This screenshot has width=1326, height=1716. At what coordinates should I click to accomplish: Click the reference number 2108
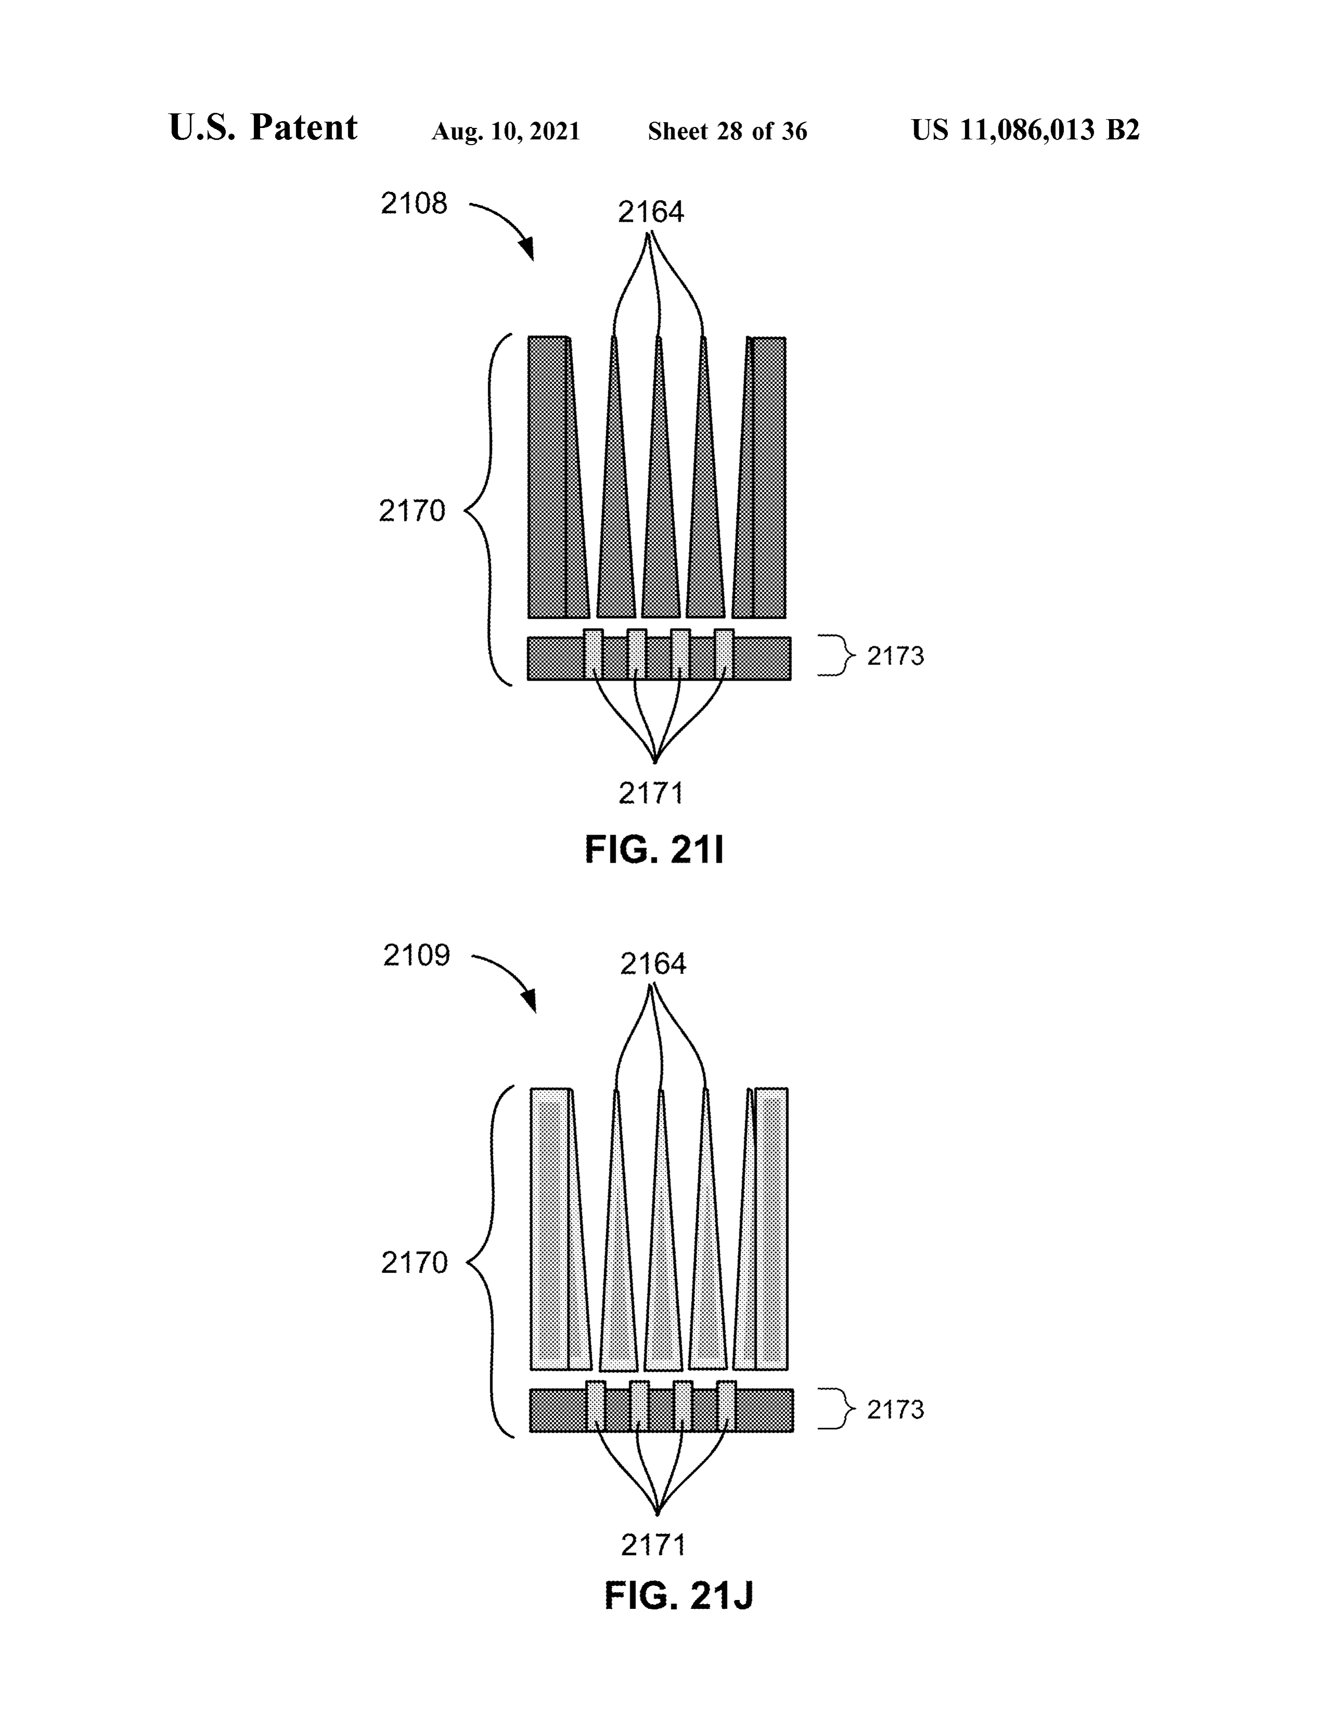(x=414, y=203)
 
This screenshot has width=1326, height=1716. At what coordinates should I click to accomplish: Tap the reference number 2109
(x=417, y=955)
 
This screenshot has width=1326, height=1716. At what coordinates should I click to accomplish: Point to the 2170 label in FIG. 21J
(x=414, y=1263)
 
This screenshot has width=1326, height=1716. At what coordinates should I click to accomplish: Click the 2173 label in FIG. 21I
(x=895, y=656)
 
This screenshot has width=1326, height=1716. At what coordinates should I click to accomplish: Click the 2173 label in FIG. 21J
(x=895, y=1410)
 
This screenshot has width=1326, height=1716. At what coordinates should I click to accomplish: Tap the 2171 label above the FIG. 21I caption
(x=651, y=794)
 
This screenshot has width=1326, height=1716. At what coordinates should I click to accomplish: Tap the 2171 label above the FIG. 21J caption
(x=653, y=1545)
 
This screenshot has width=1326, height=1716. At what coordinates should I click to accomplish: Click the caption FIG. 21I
(x=654, y=850)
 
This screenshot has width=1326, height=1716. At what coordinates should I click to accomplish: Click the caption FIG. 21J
(x=679, y=1596)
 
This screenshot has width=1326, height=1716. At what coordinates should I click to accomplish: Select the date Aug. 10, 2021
(x=506, y=131)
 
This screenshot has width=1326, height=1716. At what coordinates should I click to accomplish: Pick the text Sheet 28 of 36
(x=727, y=131)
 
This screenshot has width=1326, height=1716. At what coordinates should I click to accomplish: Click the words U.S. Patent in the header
(x=263, y=127)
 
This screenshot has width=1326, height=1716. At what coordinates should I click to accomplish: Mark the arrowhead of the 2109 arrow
(x=531, y=1004)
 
